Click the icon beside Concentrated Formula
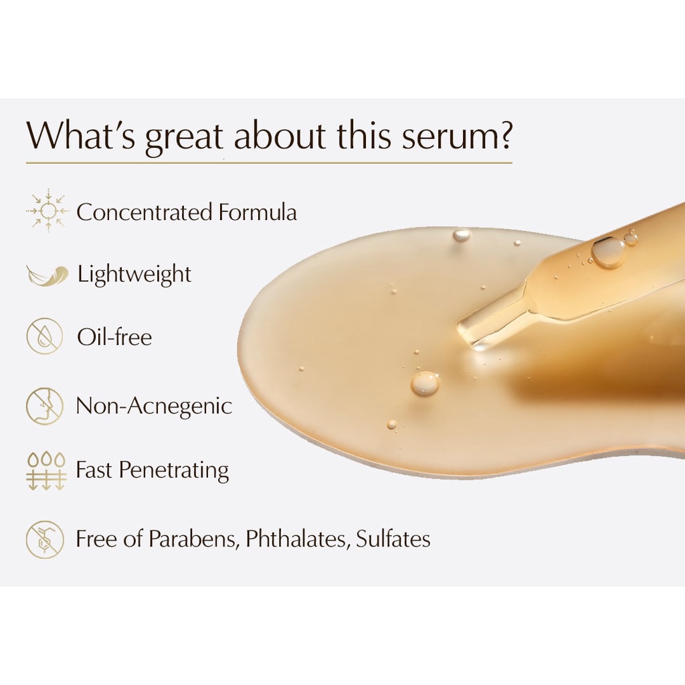[x=48, y=211]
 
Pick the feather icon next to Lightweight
[x=47, y=275]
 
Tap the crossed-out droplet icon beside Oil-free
[x=45, y=336]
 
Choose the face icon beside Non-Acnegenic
[x=45, y=406]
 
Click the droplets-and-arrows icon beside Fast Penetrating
[x=46, y=471]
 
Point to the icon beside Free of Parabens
[x=45, y=539]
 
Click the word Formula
[x=258, y=212]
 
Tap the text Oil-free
[x=114, y=337]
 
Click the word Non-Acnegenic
[x=154, y=406]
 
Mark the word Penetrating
[x=174, y=470]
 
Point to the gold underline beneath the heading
[x=269, y=163]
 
